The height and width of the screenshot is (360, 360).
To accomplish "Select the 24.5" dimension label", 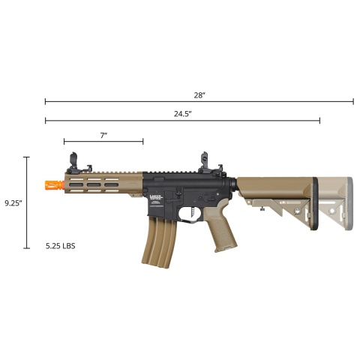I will (x=182, y=113).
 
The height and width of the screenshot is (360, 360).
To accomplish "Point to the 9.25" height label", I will (x=13, y=202).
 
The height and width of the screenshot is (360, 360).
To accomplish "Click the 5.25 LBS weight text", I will (x=60, y=245).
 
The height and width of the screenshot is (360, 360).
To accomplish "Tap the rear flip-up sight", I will (x=203, y=161).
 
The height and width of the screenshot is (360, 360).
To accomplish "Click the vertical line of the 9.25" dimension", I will (x=27, y=202).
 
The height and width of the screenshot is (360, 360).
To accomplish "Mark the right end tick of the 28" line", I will (x=353, y=101).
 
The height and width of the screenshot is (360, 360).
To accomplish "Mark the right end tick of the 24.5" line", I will (x=319, y=121).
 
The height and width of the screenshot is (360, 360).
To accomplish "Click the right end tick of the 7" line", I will (x=142, y=141).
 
